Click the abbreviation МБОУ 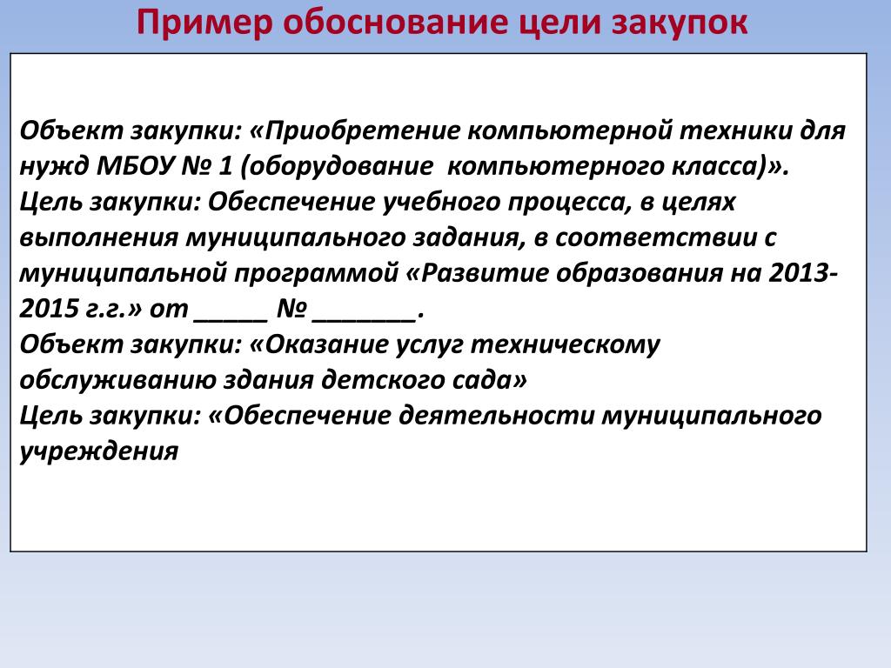[x=135, y=166]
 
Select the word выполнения [x=99, y=237]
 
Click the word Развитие [x=485, y=273]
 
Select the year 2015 [x=50, y=309]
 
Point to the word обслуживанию [x=117, y=380]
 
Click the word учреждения [x=99, y=451]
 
